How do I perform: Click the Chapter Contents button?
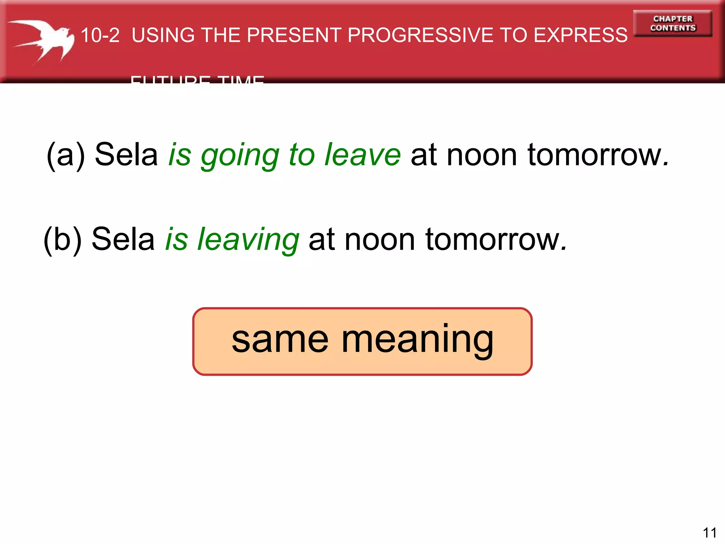click(673, 23)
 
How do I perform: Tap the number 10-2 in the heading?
click(100, 35)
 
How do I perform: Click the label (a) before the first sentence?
click(66, 155)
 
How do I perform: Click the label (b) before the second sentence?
click(63, 240)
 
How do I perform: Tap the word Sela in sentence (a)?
click(126, 154)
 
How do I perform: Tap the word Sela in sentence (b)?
click(123, 239)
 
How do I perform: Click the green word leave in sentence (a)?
click(362, 155)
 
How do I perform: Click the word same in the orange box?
click(280, 340)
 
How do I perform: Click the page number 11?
click(709, 533)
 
